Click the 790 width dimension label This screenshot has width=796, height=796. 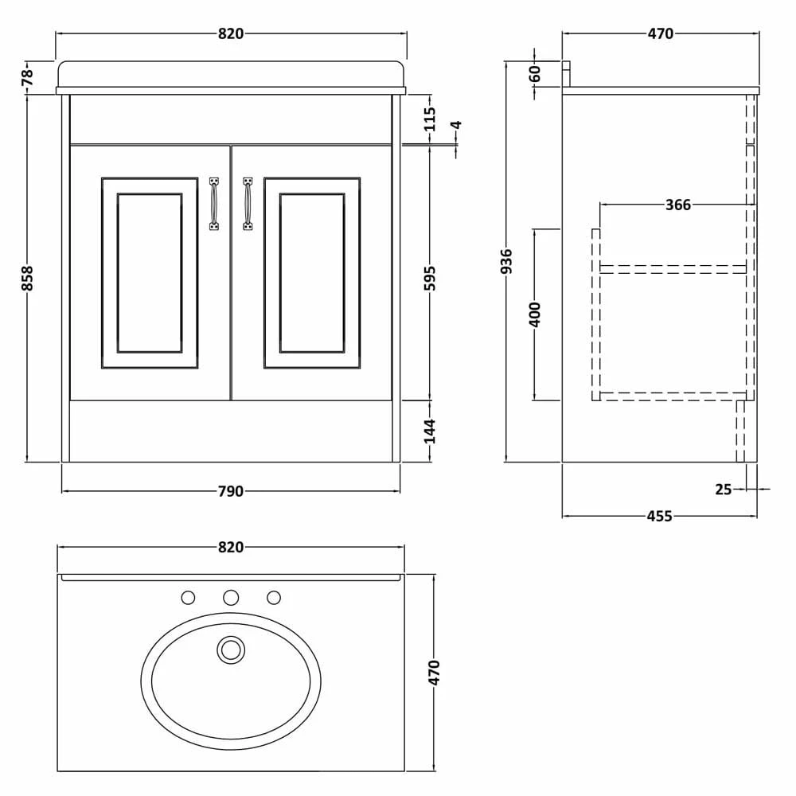click(x=231, y=491)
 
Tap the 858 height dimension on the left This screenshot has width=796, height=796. click(x=27, y=278)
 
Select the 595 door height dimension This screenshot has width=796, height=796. click(x=430, y=278)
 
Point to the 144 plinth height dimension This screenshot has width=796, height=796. click(x=430, y=431)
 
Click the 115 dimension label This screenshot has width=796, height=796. click(x=430, y=119)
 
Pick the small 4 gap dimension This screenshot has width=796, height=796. click(x=456, y=125)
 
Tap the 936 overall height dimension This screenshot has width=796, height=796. click(x=506, y=261)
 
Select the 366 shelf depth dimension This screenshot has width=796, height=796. click(x=678, y=205)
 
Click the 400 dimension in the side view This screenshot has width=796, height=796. click(x=535, y=314)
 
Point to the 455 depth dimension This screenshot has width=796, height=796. click(x=659, y=517)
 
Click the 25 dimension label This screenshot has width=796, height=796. click(x=724, y=490)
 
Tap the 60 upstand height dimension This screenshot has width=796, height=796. click(x=535, y=74)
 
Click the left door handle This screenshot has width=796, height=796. click(x=214, y=204)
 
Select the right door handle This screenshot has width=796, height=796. click(x=248, y=204)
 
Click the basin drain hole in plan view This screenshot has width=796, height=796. click(x=231, y=650)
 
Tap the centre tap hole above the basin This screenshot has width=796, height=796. click(x=231, y=598)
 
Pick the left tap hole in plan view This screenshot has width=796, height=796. click(x=188, y=598)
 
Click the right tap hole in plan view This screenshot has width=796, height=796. click(x=274, y=598)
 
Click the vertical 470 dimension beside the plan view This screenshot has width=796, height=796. click(x=435, y=673)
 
